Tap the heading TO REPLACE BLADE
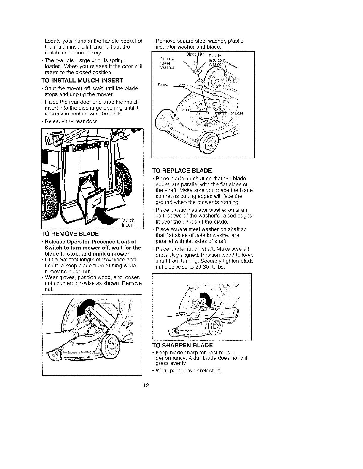point(182,171)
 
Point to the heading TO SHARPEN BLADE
point(182,345)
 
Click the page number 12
point(146,386)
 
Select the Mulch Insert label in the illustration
point(128,222)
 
